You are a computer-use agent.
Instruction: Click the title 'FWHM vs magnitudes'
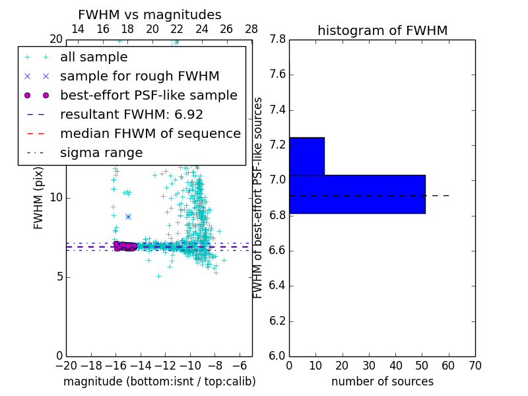(x=150, y=15)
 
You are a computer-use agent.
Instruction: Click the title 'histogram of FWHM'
(x=382, y=30)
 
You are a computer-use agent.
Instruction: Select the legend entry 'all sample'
(x=94, y=57)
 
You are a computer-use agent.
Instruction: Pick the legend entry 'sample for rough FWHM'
(x=139, y=77)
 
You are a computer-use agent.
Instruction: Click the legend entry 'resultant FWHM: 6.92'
(x=131, y=115)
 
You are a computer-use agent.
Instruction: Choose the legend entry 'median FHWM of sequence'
(x=150, y=134)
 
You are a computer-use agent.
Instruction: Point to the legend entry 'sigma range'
(x=101, y=153)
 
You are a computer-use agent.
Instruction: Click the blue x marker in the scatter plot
(x=128, y=216)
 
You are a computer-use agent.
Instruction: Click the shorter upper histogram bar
(x=307, y=156)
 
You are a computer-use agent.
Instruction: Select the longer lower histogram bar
(x=357, y=194)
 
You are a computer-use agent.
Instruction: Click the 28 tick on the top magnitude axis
(x=251, y=29)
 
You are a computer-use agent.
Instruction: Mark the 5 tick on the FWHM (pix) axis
(x=57, y=277)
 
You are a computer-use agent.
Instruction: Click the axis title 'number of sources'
(x=382, y=381)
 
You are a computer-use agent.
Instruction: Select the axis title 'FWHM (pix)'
(x=39, y=197)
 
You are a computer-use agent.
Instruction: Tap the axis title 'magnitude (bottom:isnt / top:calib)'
(x=159, y=381)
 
